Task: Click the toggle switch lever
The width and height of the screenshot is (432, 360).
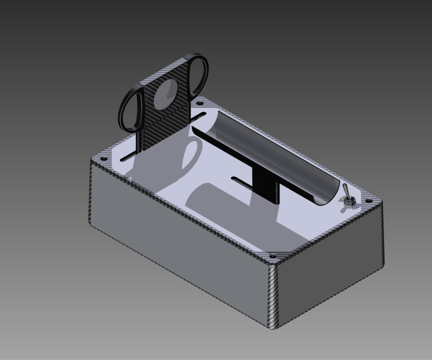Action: (x=345, y=190)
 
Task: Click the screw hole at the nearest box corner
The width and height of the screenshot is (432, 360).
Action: (x=273, y=256)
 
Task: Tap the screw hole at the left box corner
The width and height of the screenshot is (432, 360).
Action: (x=103, y=159)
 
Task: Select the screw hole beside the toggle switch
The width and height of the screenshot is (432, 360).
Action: (x=368, y=200)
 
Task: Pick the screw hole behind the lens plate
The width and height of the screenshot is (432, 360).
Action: (x=200, y=103)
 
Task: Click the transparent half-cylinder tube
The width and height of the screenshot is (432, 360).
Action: (x=275, y=150)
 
